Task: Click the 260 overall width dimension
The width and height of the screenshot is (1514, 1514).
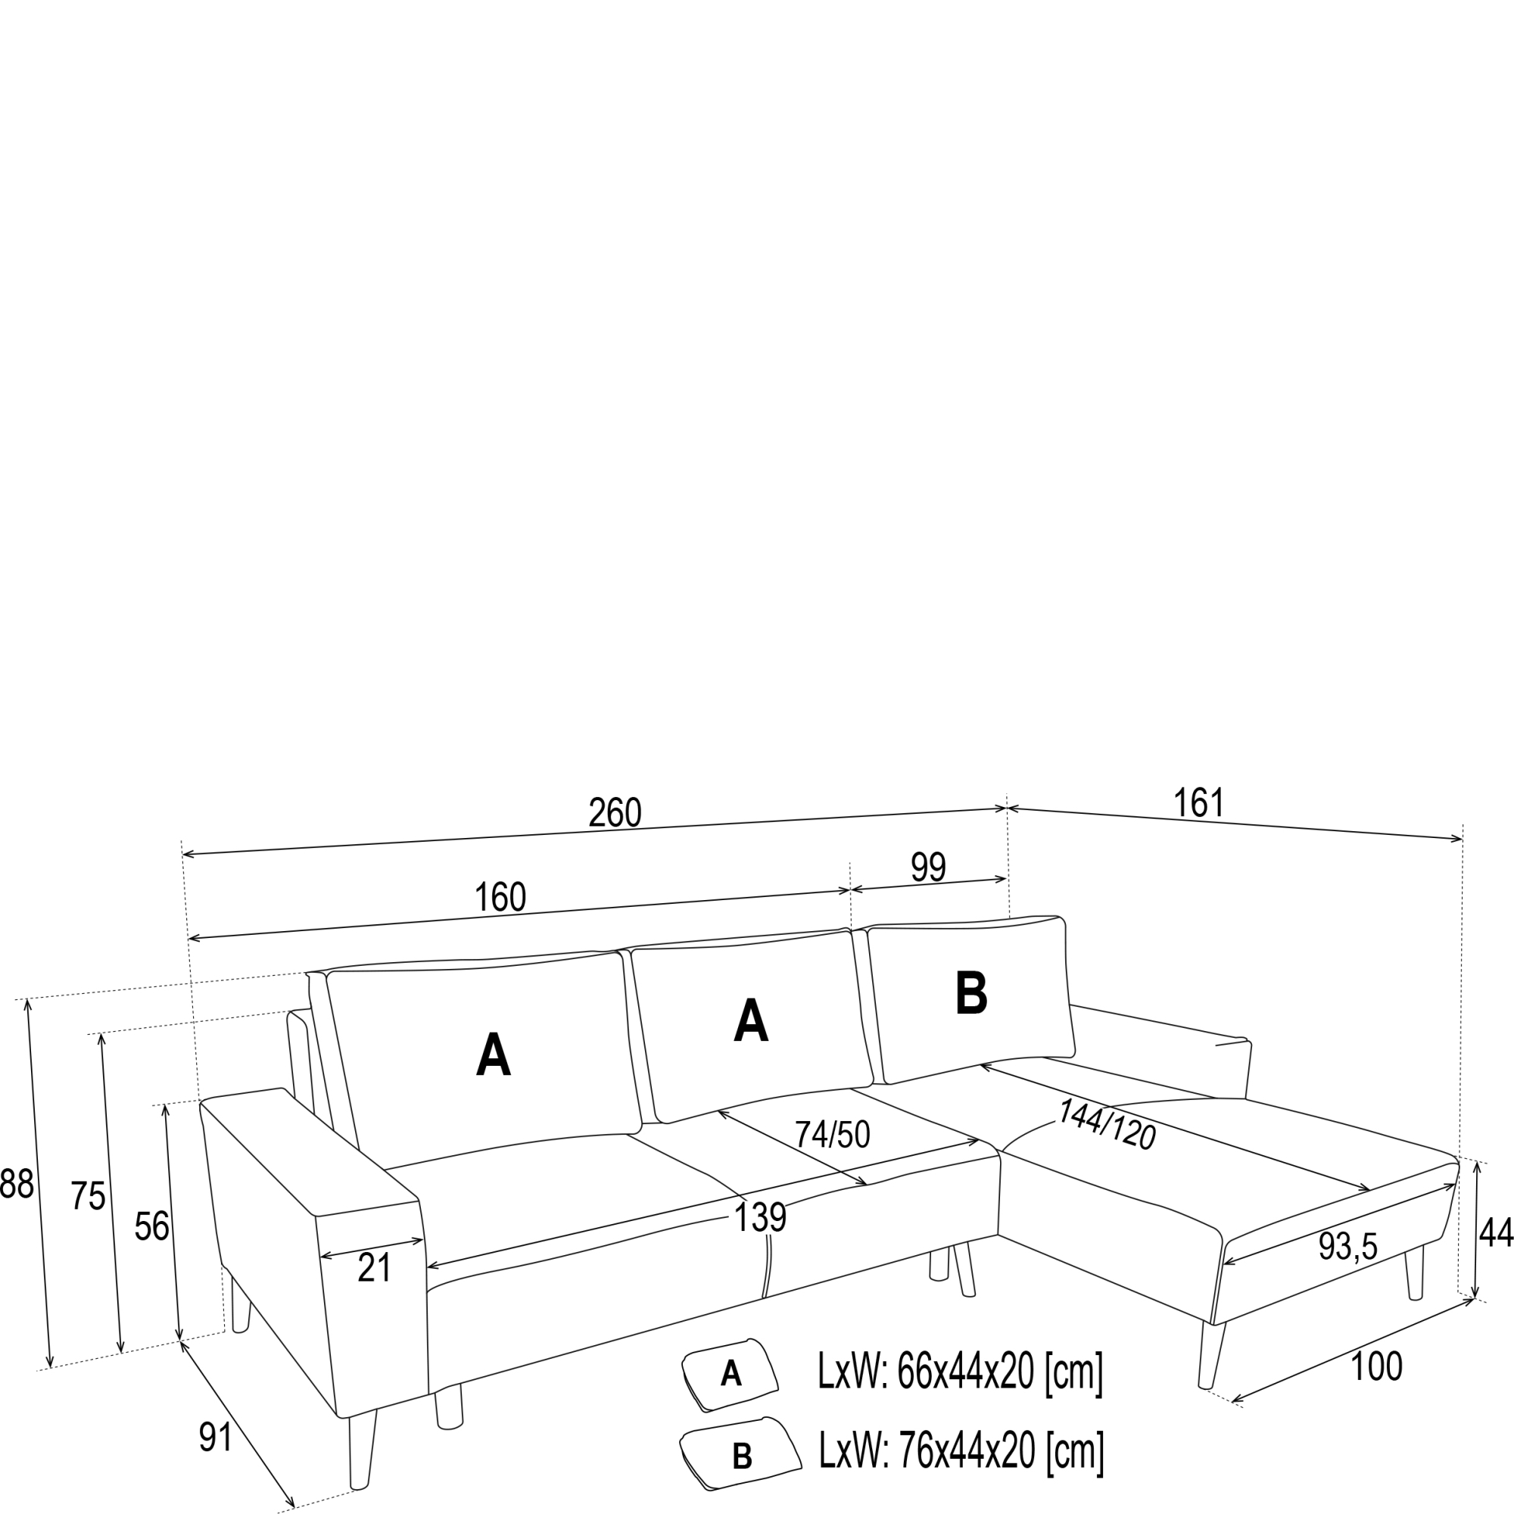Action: point(615,814)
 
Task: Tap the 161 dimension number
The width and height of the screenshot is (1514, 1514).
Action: point(1198,802)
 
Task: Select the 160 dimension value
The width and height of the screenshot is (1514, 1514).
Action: point(500,897)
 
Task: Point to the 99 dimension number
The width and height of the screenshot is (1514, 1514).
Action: point(928,868)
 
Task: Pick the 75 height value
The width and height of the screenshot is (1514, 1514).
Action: point(88,1196)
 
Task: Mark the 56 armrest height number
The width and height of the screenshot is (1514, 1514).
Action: point(151,1226)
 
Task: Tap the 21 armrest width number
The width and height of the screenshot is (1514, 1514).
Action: point(374,1268)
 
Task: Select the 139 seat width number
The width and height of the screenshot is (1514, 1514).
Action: point(759,1218)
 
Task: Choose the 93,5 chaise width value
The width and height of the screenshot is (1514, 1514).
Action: point(1347,1247)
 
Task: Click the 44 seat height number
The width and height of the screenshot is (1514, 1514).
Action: point(1494,1233)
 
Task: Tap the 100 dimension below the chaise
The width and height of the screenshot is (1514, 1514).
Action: point(1376,1366)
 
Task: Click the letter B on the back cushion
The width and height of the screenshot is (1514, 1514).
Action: point(971,994)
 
